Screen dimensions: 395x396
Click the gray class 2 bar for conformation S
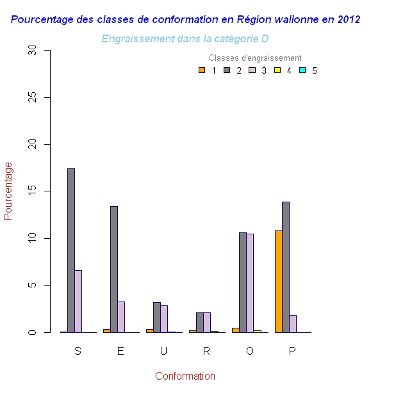[71, 250]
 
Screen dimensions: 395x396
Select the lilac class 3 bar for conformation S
[78, 301]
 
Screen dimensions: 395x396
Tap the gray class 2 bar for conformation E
[114, 269]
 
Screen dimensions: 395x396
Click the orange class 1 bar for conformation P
[279, 281]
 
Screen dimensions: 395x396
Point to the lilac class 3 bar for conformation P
[293, 323]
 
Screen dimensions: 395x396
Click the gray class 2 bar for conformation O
[243, 282]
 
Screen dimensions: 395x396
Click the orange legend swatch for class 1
[202, 70]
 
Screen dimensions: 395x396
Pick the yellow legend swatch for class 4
[277, 70]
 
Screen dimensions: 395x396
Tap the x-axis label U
[163, 351]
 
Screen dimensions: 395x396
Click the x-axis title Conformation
[185, 376]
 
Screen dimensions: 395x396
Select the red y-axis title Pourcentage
[8, 191]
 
